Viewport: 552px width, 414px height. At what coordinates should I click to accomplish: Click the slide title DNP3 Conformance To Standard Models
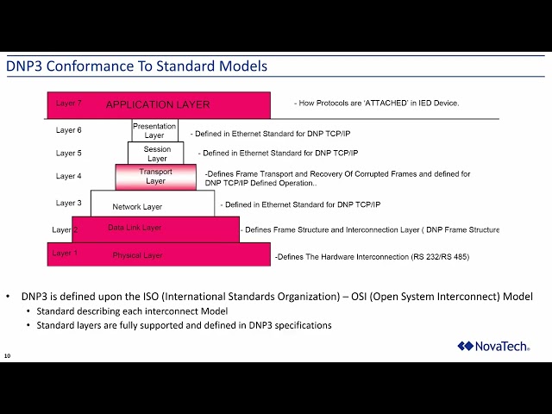(137, 66)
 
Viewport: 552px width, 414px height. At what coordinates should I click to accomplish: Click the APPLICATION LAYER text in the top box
(157, 104)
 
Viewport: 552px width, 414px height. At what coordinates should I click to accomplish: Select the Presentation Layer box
(154, 130)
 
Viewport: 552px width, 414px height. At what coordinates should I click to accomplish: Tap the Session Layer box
(156, 154)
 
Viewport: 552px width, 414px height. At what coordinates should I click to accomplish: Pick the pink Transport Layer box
(155, 176)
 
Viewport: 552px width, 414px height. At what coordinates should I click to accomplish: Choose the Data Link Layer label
(134, 228)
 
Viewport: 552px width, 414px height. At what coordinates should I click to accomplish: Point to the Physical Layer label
(137, 255)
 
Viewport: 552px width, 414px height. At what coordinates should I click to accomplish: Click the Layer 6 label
(68, 130)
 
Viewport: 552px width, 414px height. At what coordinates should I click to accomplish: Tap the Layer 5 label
(68, 153)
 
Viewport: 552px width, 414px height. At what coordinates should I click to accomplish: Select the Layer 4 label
(68, 176)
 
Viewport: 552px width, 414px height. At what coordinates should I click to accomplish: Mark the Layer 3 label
(68, 204)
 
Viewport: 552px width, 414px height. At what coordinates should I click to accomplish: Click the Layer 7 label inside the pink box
(68, 103)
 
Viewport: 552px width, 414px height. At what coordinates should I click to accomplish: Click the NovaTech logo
(493, 346)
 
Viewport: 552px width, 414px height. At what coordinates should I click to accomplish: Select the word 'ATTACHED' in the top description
(386, 103)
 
